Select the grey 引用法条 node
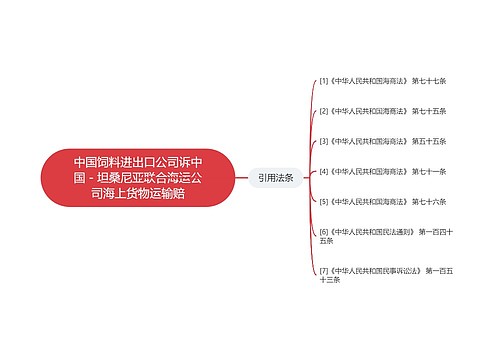pyautogui.click(x=275, y=178)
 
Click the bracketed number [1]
pyautogui.click(x=323, y=81)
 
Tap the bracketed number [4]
pyautogui.click(x=323, y=171)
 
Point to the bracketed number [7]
pyautogui.click(x=323, y=270)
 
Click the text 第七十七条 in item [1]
pyautogui.click(x=428, y=81)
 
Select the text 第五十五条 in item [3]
pyautogui.click(x=428, y=141)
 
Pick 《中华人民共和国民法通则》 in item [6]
pyautogui.click(x=372, y=231)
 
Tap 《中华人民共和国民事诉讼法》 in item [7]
pyautogui.click(x=375, y=270)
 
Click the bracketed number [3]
pyautogui.click(x=323, y=141)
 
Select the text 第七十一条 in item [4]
pyautogui.click(x=428, y=171)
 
